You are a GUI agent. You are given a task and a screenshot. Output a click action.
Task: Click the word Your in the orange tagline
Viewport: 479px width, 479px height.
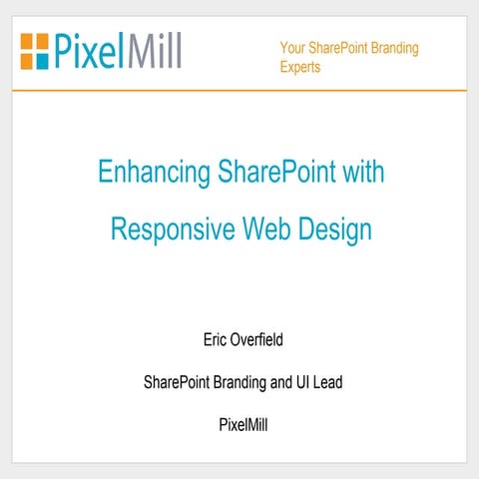tap(292, 48)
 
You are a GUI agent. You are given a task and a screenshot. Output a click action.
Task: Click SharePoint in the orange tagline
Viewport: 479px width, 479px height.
tap(338, 48)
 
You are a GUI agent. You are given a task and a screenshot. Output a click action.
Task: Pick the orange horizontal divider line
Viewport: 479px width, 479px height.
tap(239, 90)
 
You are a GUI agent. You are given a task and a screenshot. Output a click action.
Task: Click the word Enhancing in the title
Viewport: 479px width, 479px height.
tap(150, 172)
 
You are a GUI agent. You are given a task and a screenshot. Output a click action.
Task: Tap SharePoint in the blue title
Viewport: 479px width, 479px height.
tap(270, 172)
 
